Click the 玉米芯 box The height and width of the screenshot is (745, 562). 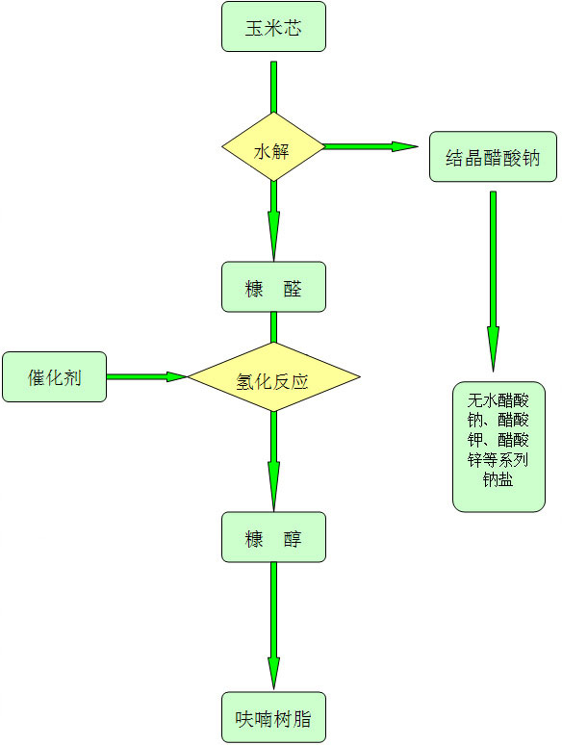(273, 27)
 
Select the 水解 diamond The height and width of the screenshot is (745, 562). (273, 147)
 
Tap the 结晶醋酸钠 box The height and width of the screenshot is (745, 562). (493, 157)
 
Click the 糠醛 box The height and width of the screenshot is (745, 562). (273, 287)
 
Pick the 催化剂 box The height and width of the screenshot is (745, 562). (54, 376)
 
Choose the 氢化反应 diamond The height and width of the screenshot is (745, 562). (273, 376)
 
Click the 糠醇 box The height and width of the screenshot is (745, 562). (273, 537)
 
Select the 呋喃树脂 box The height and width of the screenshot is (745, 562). (273, 717)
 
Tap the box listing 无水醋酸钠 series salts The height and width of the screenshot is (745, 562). (498, 447)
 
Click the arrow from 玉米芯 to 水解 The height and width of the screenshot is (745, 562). (273, 87)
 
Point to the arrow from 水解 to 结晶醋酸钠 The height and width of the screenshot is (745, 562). (371, 146)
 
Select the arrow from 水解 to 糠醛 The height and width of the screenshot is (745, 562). (273, 221)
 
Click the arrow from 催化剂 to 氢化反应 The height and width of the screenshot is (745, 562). (147, 376)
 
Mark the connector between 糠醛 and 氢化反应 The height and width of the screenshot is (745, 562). (273, 327)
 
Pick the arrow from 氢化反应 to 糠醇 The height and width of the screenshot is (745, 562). (273, 461)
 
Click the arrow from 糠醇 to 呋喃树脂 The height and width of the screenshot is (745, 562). (273, 626)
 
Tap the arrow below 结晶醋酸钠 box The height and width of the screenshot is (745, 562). (493, 281)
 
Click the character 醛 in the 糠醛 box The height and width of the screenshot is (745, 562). (293, 289)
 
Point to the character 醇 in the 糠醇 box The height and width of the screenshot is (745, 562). (293, 539)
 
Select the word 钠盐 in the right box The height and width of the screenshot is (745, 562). (498, 479)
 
